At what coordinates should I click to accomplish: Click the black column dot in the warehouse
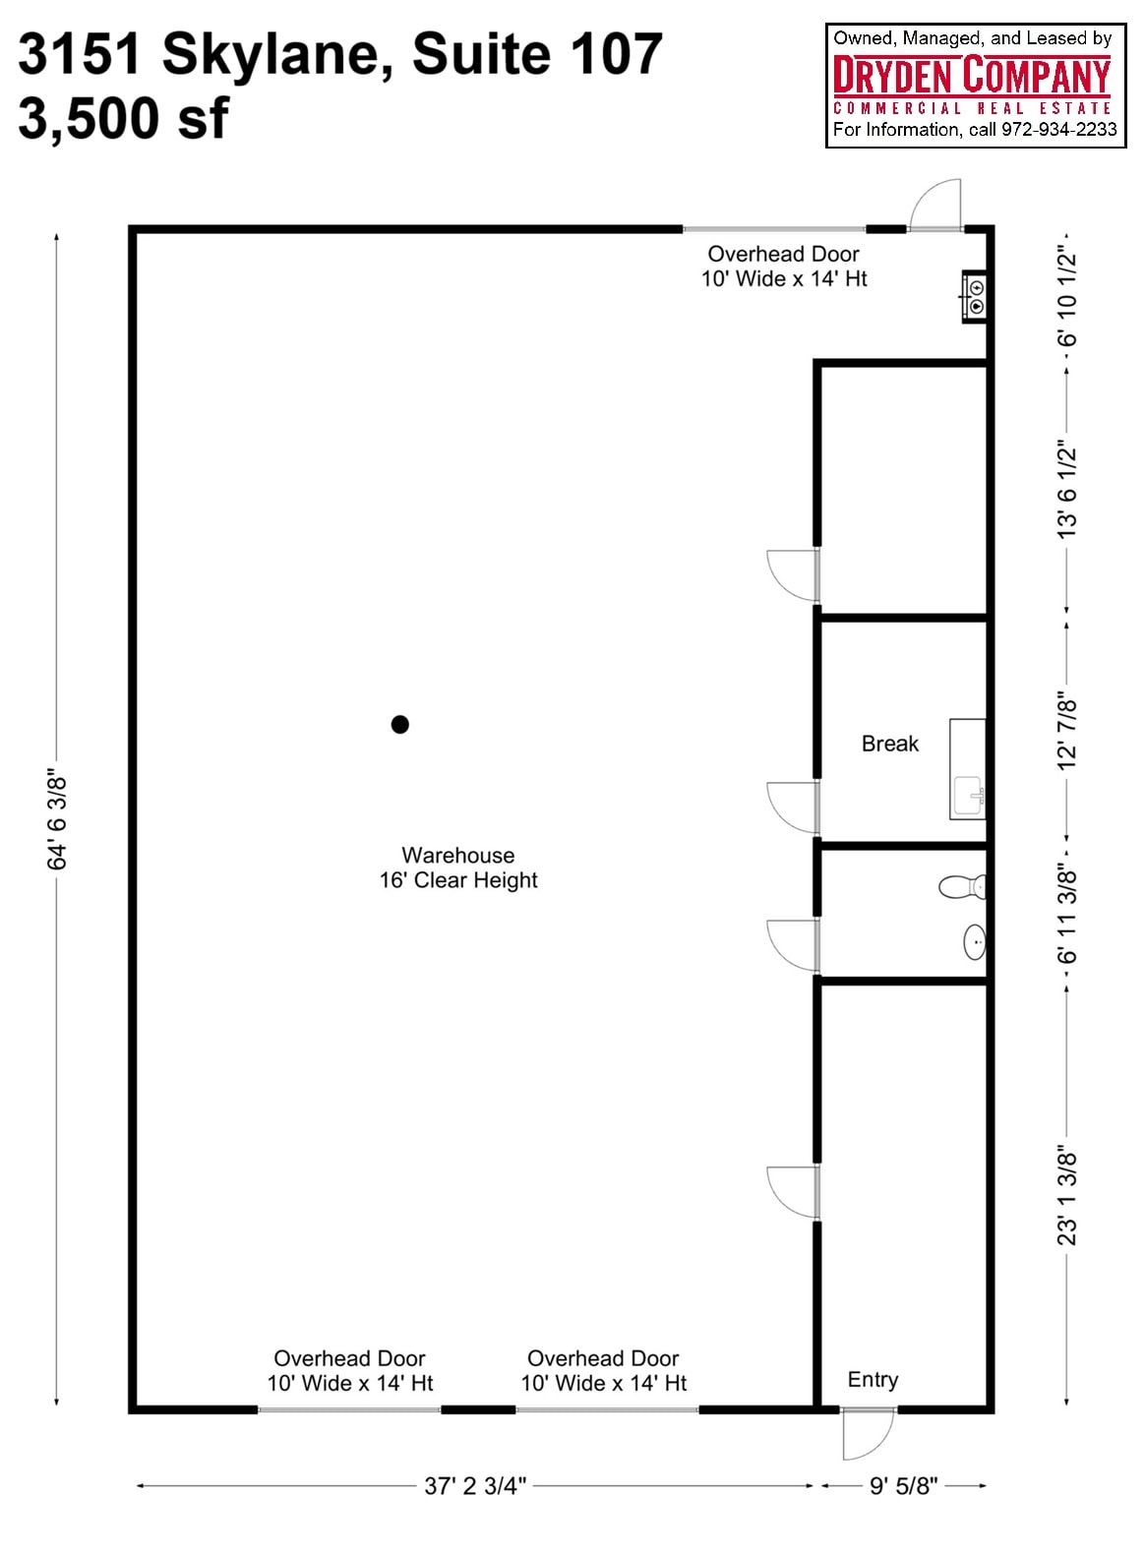pos(399,725)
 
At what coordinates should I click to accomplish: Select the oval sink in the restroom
pos(974,941)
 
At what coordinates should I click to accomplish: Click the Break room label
pos(889,744)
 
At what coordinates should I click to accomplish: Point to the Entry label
pos(873,1380)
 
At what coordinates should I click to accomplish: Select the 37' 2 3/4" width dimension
pos(475,1485)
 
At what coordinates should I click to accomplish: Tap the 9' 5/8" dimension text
pos(903,1485)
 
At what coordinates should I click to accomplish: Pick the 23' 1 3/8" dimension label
pos(1067,1194)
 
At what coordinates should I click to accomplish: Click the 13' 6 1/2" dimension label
pos(1067,489)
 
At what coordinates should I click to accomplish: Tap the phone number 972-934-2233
pos(1058,130)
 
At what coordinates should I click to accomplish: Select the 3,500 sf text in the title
pos(123,118)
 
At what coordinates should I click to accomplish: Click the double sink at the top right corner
pos(975,296)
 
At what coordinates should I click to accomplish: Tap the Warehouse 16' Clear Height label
pos(458,868)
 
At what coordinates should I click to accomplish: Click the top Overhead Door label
pos(783,267)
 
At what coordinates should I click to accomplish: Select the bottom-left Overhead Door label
pos(349,1370)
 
